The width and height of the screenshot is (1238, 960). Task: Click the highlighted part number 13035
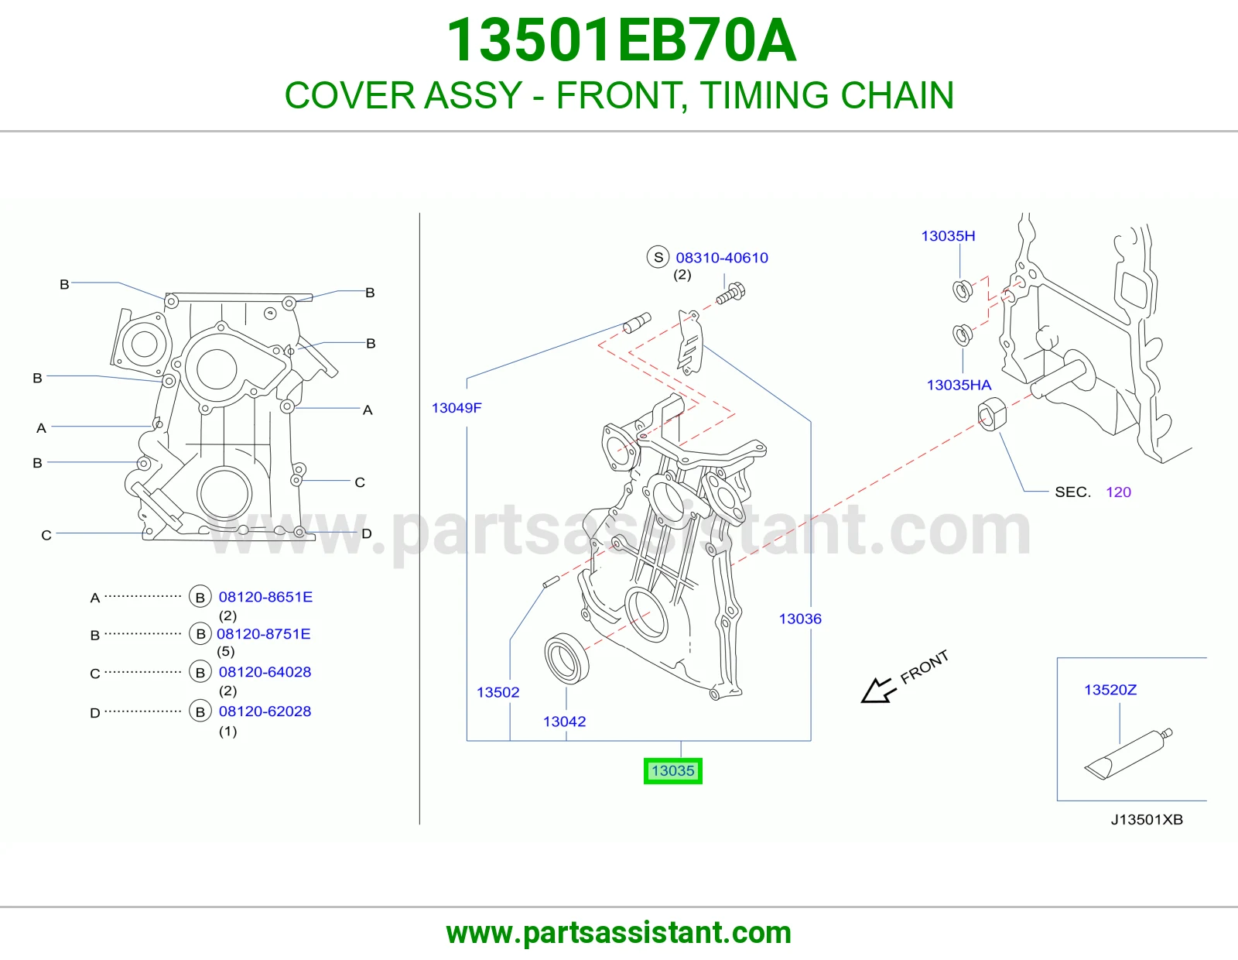point(673,771)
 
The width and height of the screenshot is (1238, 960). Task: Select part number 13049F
point(457,407)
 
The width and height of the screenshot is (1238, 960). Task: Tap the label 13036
point(800,619)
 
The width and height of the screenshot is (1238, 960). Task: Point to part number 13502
point(498,692)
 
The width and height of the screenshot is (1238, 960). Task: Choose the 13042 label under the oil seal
point(564,721)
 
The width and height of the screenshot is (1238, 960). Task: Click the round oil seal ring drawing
point(567,658)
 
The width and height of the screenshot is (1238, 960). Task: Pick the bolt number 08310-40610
point(722,258)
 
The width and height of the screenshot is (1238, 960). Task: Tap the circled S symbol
point(658,257)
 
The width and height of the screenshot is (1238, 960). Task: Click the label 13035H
point(948,236)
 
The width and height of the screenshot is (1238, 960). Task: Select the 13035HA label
point(959,385)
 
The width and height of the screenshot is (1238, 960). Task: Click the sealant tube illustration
point(1128,753)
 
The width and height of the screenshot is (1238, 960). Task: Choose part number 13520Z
point(1110,690)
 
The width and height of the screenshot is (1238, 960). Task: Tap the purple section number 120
point(1118,492)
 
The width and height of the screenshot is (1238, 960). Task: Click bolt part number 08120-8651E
point(265,597)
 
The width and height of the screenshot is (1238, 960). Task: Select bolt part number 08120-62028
point(265,711)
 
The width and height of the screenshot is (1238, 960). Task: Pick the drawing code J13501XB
point(1147,820)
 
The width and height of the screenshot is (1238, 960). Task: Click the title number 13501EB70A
point(621,40)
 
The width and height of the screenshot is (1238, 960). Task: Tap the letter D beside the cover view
point(367,533)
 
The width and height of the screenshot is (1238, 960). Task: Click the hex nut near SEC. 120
point(992,414)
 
